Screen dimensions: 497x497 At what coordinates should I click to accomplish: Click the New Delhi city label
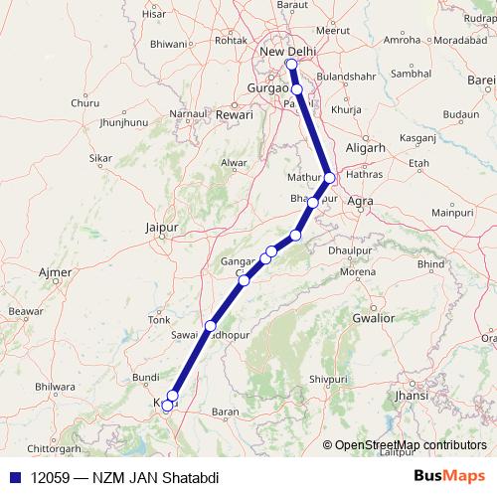click(x=286, y=52)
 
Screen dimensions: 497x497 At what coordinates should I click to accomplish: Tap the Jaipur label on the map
click(x=160, y=228)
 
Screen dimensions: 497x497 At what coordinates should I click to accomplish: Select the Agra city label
click(x=361, y=201)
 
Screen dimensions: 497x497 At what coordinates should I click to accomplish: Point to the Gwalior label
click(x=373, y=318)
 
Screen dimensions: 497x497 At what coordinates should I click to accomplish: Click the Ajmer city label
click(x=54, y=271)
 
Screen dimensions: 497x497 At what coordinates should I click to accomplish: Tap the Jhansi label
click(x=411, y=395)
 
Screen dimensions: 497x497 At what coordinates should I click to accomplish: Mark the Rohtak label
click(x=231, y=40)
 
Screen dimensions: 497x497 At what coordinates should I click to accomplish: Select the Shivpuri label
click(x=328, y=379)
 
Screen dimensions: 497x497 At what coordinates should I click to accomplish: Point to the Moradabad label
click(x=460, y=40)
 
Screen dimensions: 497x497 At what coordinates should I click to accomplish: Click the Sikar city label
click(x=100, y=158)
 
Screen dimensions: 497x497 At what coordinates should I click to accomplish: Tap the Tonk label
click(x=159, y=319)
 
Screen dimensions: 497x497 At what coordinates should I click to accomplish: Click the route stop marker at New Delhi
click(x=291, y=66)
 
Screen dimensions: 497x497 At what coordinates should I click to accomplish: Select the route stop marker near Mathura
click(x=330, y=178)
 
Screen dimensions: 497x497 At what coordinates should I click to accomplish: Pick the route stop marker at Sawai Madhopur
click(x=210, y=326)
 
